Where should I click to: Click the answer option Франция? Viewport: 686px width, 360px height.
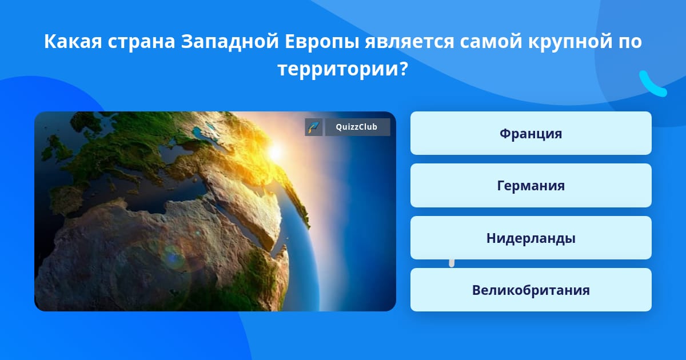click(531, 133)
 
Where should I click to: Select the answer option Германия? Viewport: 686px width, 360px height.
click(531, 186)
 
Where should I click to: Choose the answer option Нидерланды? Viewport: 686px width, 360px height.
click(531, 238)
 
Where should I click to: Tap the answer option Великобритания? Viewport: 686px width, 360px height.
click(531, 290)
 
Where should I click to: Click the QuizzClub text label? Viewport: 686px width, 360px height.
click(357, 127)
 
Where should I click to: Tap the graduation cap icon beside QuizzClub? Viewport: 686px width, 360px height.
click(314, 127)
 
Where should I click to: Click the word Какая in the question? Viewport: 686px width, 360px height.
click(73, 41)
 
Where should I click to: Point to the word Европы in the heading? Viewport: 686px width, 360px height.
click(321, 41)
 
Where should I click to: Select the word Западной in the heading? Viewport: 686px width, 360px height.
click(230, 41)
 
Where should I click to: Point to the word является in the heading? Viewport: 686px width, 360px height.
click(409, 42)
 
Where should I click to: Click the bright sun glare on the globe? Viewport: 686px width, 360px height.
click(276, 152)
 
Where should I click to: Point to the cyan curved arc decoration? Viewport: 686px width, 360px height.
click(652, 85)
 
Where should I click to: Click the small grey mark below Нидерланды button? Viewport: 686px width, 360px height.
click(452, 263)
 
